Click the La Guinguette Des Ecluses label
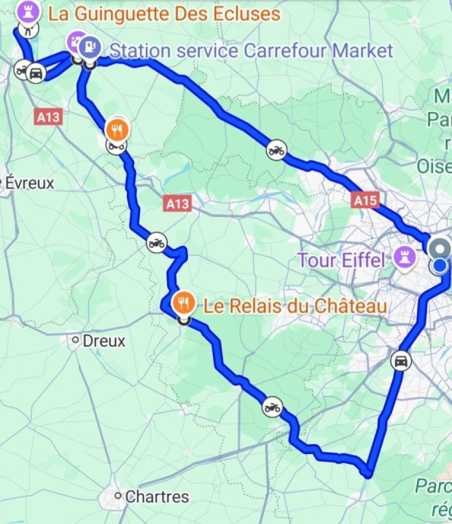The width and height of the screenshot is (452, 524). (x=163, y=14)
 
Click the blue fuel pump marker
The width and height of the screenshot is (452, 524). (x=89, y=46)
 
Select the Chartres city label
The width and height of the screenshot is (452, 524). (x=156, y=497)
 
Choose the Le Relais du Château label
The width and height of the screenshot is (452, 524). (x=295, y=306)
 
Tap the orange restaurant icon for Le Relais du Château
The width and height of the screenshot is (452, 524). (x=184, y=301)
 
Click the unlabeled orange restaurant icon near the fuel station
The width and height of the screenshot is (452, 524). (x=117, y=130)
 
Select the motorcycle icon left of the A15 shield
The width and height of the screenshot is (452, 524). (x=276, y=150)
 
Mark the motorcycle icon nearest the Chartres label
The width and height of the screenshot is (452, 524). (x=272, y=407)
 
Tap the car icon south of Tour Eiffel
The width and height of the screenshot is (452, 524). (x=400, y=360)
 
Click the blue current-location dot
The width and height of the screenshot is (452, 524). (x=440, y=266)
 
